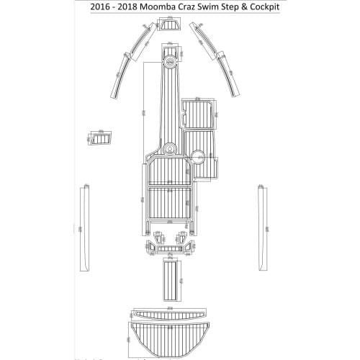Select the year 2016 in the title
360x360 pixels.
click(x=102, y=9)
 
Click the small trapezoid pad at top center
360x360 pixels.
click(x=171, y=27)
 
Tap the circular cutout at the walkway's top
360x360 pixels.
click(x=171, y=62)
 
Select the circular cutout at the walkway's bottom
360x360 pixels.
click(x=170, y=149)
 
